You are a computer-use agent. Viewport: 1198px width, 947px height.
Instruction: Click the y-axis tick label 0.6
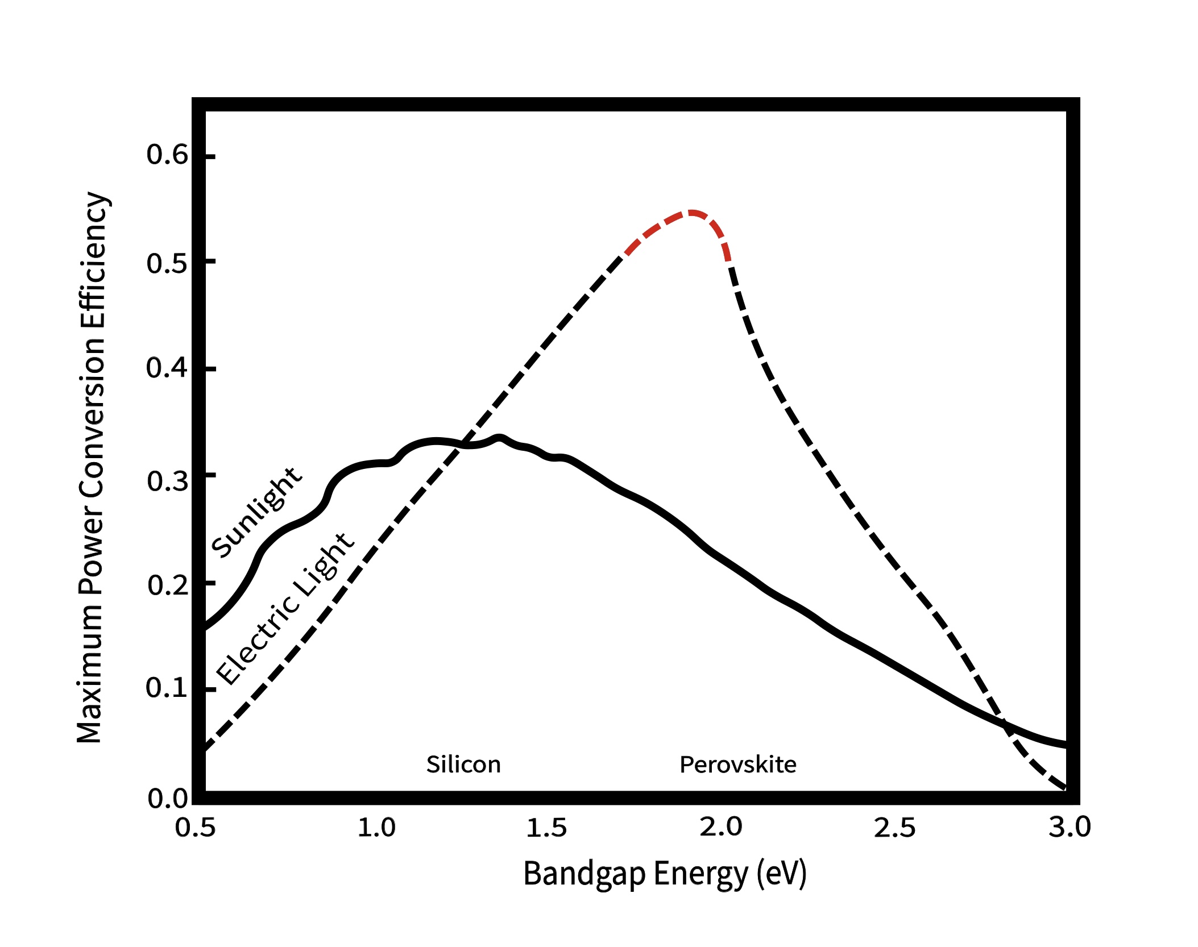click(x=167, y=155)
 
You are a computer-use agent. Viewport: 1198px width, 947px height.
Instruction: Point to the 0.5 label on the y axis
click(x=167, y=263)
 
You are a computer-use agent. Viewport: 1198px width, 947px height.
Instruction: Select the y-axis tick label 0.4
click(x=167, y=368)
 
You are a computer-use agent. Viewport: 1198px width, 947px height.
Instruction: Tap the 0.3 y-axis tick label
click(x=167, y=481)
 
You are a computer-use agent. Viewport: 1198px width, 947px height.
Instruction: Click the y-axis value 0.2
click(x=167, y=585)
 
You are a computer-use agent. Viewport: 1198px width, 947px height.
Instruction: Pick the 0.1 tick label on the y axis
click(x=167, y=688)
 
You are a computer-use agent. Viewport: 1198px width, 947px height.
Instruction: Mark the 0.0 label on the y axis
click(x=167, y=799)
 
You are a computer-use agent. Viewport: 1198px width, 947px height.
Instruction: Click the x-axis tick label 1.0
click(x=376, y=828)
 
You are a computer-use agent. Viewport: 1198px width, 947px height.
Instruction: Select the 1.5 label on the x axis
click(x=546, y=828)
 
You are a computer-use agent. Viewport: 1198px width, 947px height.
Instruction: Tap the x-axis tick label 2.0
click(x=720, y=828)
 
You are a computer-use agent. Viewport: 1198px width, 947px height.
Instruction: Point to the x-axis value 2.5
click(x=894, y=828)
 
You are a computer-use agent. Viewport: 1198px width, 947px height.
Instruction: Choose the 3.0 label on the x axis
click(x=1070, y=828)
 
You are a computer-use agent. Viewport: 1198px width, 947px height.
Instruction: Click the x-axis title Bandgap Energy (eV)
click(x=664, y=874)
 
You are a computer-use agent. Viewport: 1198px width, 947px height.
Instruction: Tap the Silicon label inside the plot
click(x=463, y=765)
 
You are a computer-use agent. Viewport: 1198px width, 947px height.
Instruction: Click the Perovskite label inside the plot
click(x=737, y=765)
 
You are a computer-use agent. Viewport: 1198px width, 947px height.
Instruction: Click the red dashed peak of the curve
click(x=690, y=213)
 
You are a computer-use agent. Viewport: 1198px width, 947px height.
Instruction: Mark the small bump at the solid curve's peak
click(x=499, y=438)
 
